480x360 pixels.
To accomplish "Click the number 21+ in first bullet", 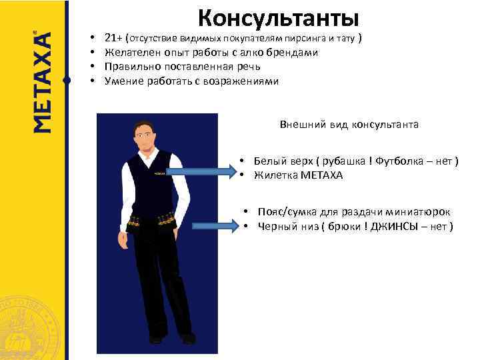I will tap(113, 38).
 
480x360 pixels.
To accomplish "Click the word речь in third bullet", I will tap(247, 67).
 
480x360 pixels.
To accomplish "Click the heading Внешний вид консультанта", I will tap(349, 124).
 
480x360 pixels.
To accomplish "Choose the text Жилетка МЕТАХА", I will tap(298, 175).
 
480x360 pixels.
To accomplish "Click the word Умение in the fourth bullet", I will tap(121, 81).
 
